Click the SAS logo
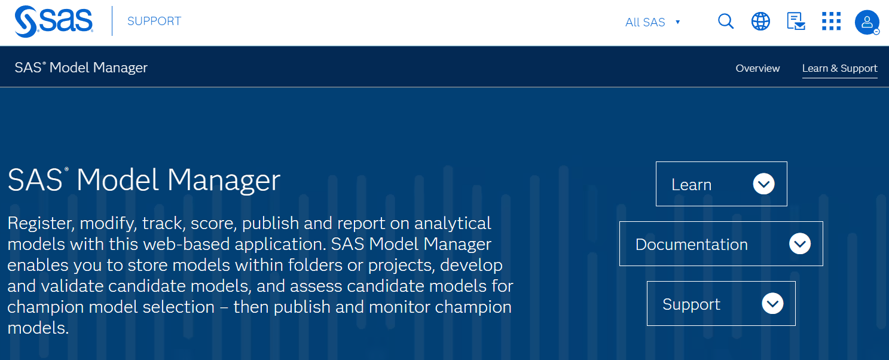[x=54, y=22]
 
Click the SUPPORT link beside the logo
[x=154, y=22]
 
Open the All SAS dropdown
[x=653, y=22]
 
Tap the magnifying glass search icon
[x=725, y=22]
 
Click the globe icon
[x=760, y=22]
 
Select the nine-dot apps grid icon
[x=831, y=22]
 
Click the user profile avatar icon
[x=866, y=22]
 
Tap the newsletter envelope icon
[x=796, y=22]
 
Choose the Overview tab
[x=757, y=68]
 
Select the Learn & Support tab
[x=839, y=68]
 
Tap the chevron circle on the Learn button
[x=764, y=184]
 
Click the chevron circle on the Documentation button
[x=800, y=244]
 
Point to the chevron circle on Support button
[x=772, y=304]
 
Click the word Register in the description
[x=41, y=224]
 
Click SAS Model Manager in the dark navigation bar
[x=81, y=68]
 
